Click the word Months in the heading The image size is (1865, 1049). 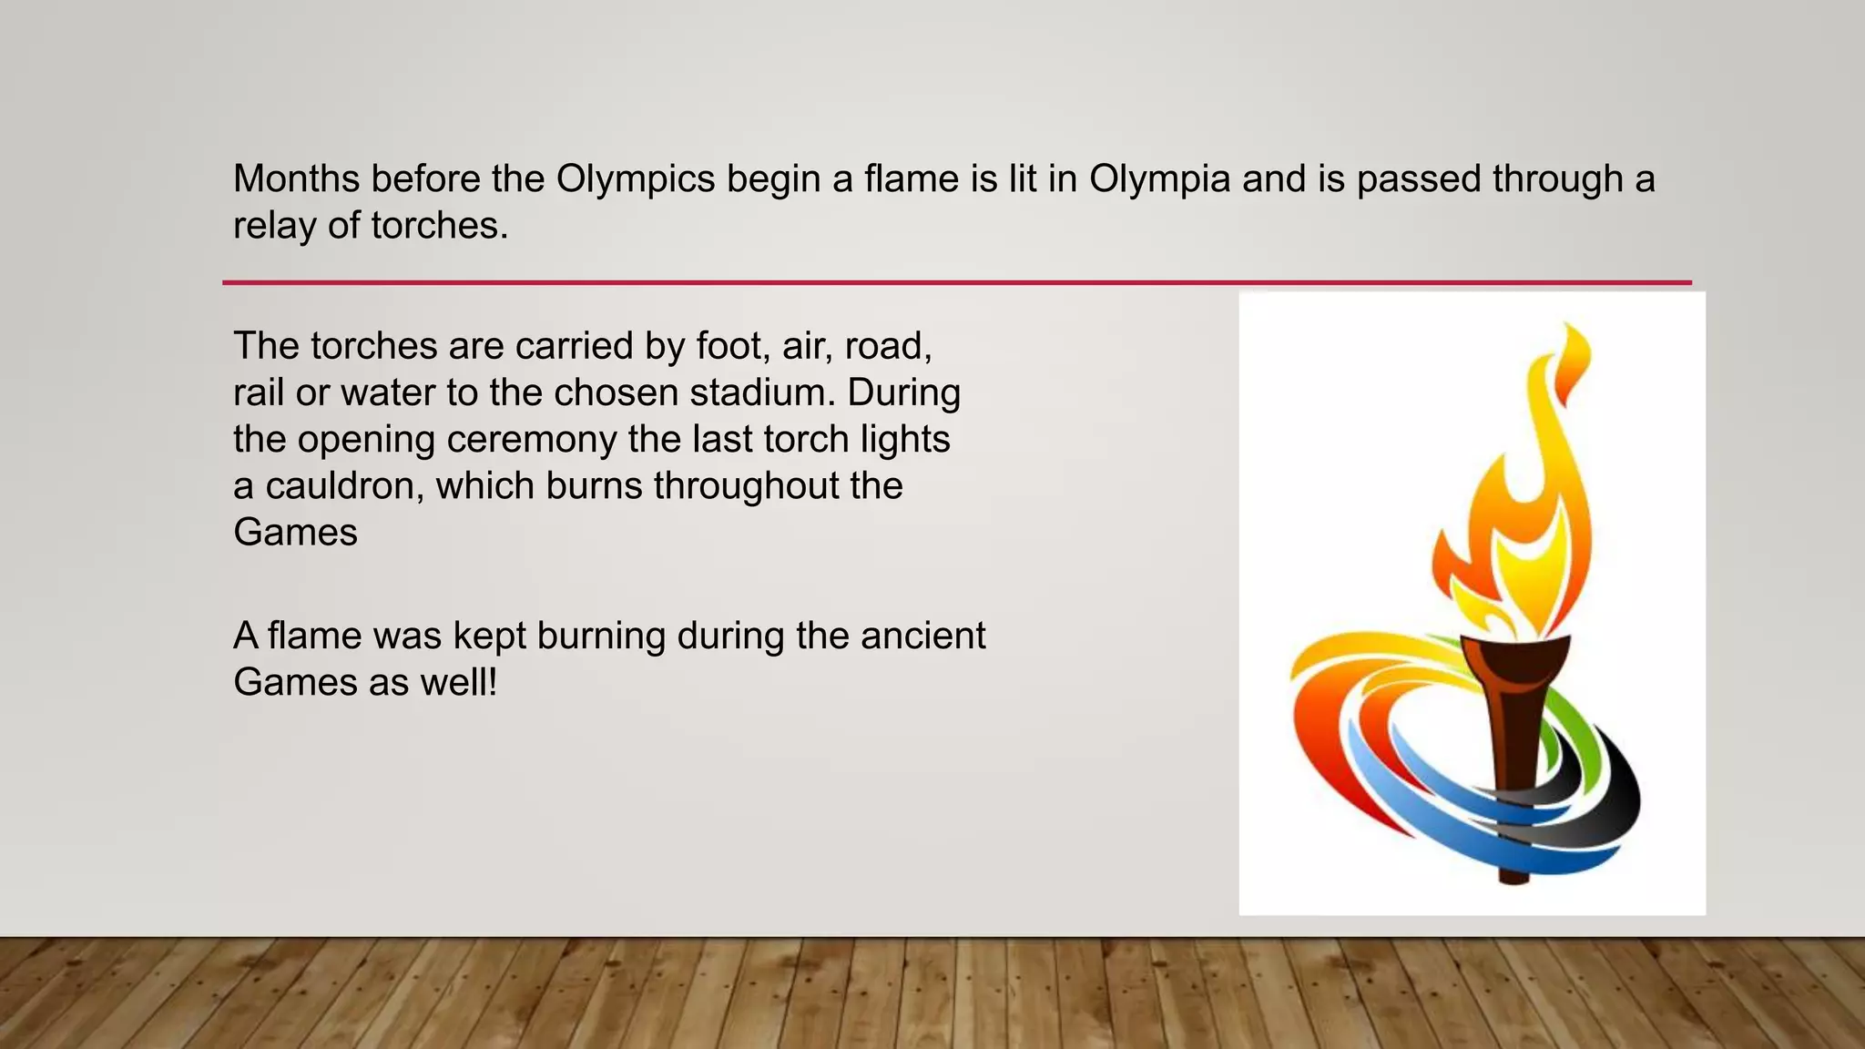296,178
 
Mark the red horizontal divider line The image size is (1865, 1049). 956,282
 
